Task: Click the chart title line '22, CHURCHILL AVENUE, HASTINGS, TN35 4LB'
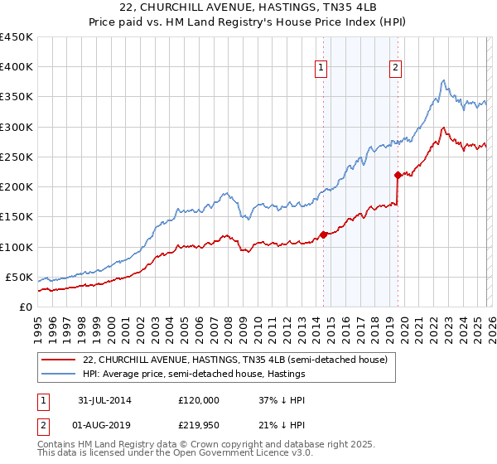(248, 8)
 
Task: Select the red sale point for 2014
(323, 234)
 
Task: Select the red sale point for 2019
(398, 175)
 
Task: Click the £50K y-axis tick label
(19, 277)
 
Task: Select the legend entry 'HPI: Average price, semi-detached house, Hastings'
(195, 375)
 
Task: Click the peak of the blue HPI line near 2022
(444, 80)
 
